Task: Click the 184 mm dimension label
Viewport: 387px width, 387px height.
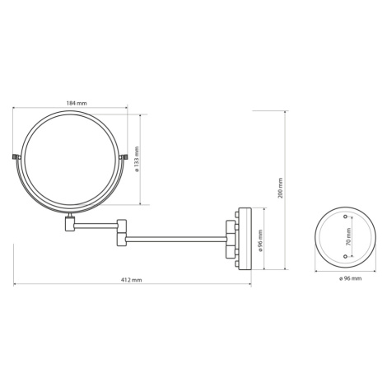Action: [77, 103]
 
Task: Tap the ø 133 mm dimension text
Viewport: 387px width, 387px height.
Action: [137, 159]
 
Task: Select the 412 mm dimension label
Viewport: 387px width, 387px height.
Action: [132, 280]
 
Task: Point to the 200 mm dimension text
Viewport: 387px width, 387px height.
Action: [280, 189]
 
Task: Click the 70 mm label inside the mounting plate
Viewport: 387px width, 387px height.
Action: [348, 236]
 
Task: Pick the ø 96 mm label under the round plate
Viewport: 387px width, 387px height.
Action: [350, 278]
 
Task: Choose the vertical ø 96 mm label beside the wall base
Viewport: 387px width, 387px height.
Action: [260, 239]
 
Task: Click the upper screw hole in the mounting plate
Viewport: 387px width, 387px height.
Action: [345, 217]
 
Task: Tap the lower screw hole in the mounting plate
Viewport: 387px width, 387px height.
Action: [345, 256]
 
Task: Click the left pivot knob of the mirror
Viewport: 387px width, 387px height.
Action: [16, 157]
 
